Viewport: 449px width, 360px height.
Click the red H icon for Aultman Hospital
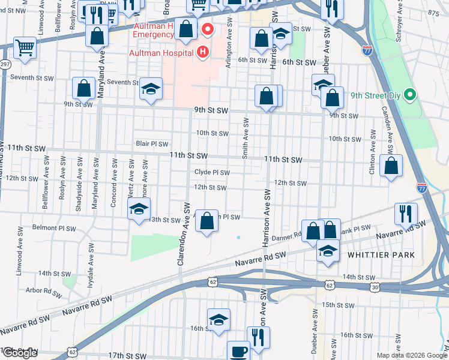pos(203,53)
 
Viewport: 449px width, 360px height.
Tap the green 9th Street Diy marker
pos(410,95)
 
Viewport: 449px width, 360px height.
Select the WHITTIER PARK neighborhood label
pos(381,255)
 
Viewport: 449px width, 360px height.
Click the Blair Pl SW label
pos(152,144)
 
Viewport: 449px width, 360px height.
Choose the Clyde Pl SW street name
pos(212,172)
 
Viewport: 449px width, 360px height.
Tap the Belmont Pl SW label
pos(54,229)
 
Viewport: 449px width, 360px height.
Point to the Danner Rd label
pos(286,238)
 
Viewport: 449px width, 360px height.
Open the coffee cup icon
pos(238,350)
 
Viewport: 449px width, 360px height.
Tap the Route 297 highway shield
pos(5,64)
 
